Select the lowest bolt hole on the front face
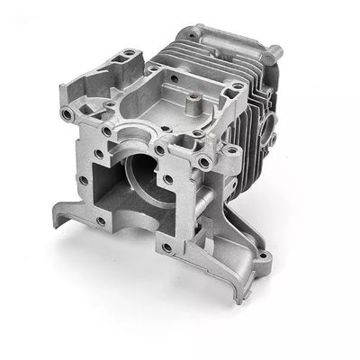pyautogui.click(x=166, y=247)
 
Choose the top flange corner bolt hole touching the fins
pyautogui.click(x=235, y=86)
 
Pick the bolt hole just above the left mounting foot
pyautogui.click(x=84, y=179)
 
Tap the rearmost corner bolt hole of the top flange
pyautogui.click(x=154, y=67)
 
